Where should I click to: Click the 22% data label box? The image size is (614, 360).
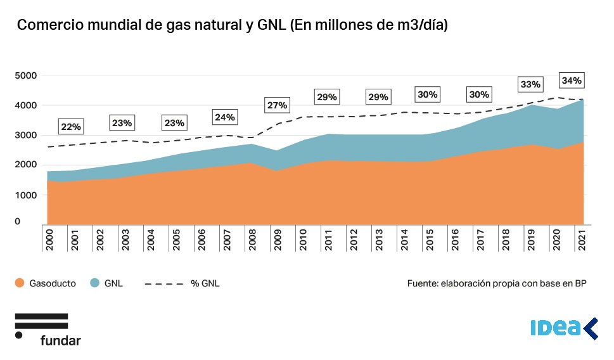point(71,127)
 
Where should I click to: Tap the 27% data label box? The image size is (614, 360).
point(277,105)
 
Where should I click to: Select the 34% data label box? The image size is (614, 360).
point(571,81)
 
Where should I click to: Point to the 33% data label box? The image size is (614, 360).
point(530,84)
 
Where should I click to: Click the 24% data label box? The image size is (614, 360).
point(225,117)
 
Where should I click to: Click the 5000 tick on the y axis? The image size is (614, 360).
point(25,75)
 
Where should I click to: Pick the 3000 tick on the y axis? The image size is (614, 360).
point(25,135)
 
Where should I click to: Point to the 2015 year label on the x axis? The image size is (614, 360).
point(430,240)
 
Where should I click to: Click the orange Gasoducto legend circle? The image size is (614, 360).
point(20,284)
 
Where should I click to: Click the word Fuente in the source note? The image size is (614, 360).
point(423,284)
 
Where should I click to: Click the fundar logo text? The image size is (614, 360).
point(60,340)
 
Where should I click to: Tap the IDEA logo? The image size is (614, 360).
point(563,328)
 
